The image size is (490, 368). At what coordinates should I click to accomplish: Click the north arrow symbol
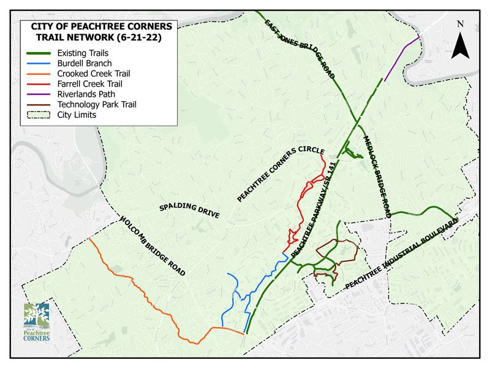point(460,45)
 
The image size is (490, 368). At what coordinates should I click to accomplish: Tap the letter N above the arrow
point(461,24)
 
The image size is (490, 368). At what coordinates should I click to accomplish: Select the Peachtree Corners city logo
point(37,322)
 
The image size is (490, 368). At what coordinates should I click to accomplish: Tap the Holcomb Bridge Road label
point(153,245)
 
